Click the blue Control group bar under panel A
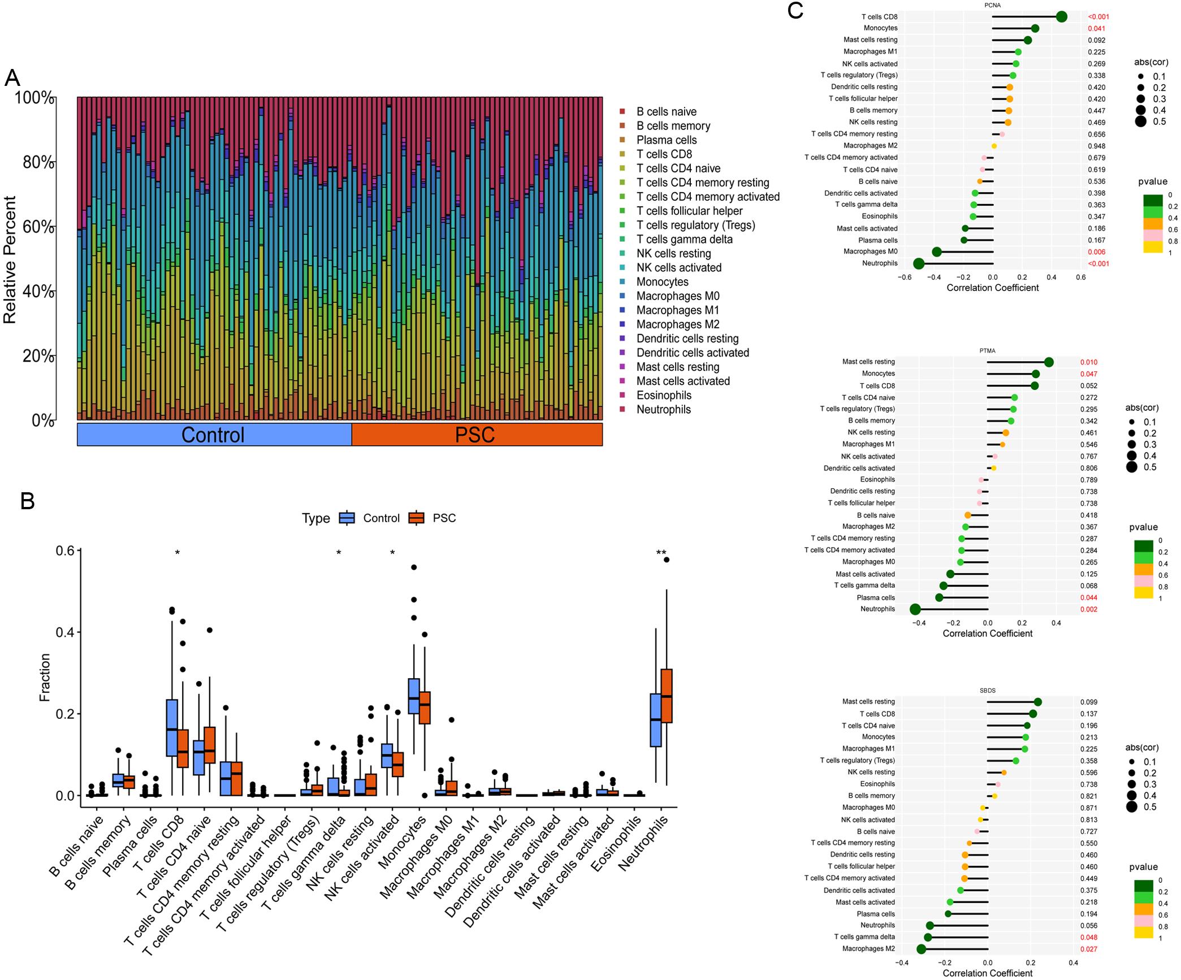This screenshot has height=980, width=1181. [214, 435]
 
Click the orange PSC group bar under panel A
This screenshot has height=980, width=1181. [476, 435]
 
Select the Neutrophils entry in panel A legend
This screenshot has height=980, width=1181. [663, 409]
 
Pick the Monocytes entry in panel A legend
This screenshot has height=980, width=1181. [662, 281]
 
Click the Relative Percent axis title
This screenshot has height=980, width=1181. [10, 259]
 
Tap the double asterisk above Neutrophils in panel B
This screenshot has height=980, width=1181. [661, 553]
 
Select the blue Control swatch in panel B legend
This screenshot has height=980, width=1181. [347, 518]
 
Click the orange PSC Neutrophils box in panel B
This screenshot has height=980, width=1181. [667, 695]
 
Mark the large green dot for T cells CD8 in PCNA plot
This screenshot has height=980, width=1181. [1061, 17]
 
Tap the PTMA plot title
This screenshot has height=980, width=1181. [988, 351]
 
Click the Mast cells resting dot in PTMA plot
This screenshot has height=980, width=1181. [1049, 362]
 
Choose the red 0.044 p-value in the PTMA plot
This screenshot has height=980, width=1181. [1088, 598]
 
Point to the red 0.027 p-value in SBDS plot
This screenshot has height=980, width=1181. [1088, 949]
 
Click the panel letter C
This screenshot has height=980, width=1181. [795, 11]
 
